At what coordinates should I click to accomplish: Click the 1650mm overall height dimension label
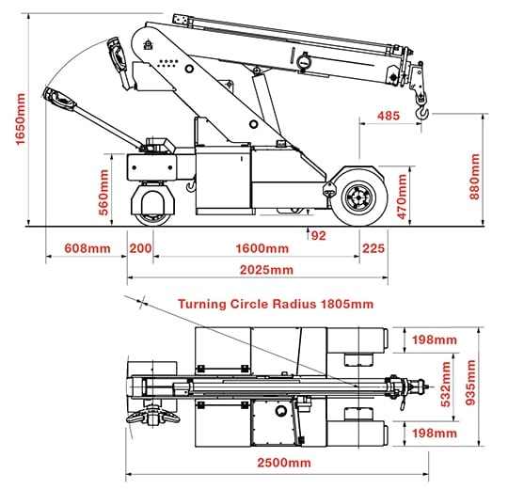20,118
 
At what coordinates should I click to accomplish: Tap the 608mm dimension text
87,248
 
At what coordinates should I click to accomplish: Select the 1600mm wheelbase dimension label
262,248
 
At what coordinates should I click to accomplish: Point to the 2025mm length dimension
266,270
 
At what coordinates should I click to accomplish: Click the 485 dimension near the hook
389,116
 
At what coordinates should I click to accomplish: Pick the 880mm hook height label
475,177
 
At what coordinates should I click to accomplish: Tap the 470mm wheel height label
402,197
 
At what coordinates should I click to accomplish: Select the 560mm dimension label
103,193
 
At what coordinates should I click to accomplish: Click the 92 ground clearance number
318,236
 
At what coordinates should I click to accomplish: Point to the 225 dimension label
373,248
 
